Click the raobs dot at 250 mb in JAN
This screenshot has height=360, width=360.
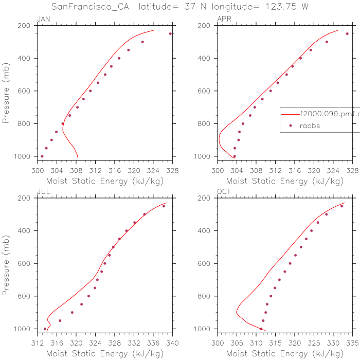coord(170,34)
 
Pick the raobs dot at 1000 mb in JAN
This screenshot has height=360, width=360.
coord(42,156)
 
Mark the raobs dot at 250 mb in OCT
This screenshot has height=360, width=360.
coord(341,206)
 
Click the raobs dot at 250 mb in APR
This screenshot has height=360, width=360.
coord(347,34)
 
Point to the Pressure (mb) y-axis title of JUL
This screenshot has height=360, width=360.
coord(7,263)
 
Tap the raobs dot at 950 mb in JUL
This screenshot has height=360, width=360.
coord(60,320)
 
